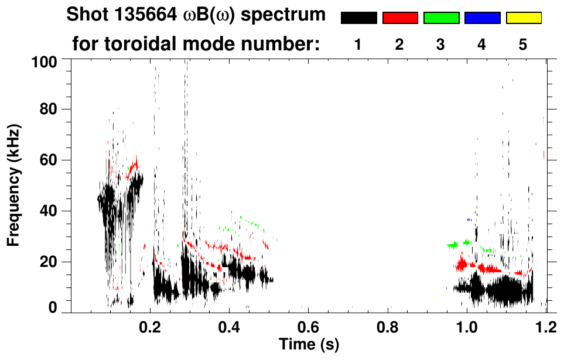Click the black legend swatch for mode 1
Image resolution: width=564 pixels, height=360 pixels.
pyautogui.click(x=358, y=18)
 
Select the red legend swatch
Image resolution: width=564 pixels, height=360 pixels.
pyautogui.click(x=400, y=18)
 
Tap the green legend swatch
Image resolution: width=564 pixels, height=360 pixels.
pyautogui.click(x=441, y=18)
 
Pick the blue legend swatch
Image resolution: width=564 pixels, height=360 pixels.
pyautogui.click(x=482, y=18)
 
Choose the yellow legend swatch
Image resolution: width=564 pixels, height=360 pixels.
pyautogui.click(x=524, y=18)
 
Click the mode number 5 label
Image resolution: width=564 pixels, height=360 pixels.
pyautogui.click(x=523, y=45)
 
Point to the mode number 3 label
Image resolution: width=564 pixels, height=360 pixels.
pyautogui.click(x=440, y=45)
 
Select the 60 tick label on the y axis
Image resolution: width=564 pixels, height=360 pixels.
pyautogui.click(x=49, y=160)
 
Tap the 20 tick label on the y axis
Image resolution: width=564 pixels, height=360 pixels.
pyautogui.click(x=49, y=262)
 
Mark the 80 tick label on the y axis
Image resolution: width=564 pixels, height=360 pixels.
pyautogui.click(x=49, y=109)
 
